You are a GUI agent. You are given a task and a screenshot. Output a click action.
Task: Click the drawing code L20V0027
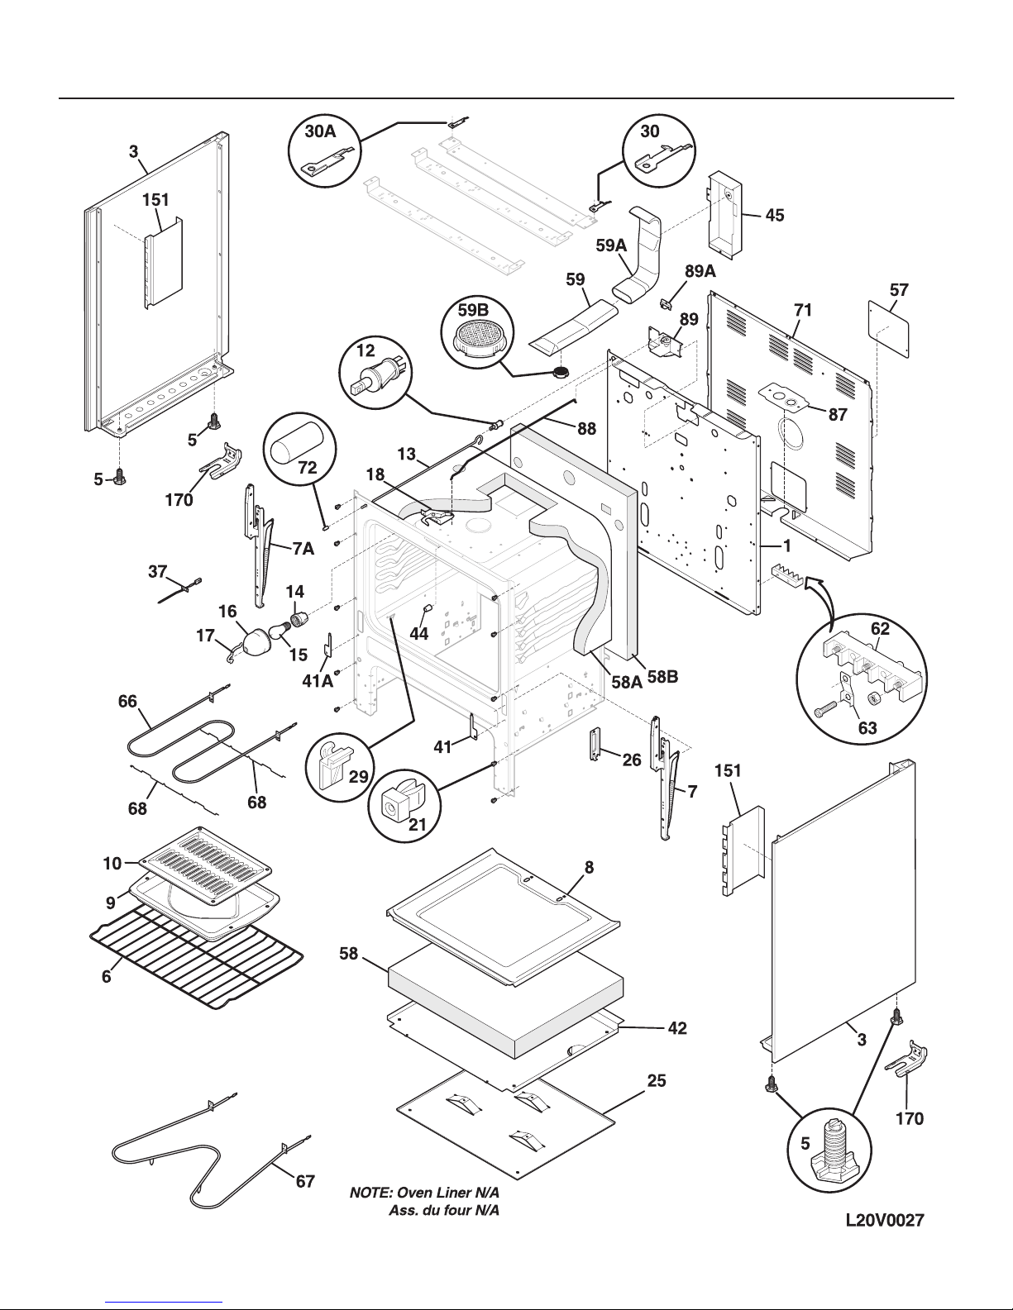[x=885, y=1220]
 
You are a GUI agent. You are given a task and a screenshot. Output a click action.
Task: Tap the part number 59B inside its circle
[x=473, y=310]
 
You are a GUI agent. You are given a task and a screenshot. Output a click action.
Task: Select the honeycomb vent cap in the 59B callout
[x=477, y=341]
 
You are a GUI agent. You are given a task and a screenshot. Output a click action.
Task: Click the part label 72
[x=308, y=468]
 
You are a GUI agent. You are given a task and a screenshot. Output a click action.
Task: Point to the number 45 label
[x=775, y=215]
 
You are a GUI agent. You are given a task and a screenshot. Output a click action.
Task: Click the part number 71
[x=803, y=310]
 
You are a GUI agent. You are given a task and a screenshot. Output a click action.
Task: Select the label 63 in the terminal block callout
[x=867, y=727]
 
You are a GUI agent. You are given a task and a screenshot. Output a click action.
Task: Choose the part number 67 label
[x=305, y=1181]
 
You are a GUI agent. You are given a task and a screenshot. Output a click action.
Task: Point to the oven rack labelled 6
[x=197, y=959]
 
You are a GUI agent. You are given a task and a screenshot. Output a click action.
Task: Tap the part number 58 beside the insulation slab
[x=348, y=954]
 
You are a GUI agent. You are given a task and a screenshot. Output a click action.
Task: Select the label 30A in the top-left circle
[x=320, y=131]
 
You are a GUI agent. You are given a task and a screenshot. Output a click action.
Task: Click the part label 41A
[x=318, y=681]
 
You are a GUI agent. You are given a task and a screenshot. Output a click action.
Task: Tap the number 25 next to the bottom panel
[x=657, y=1081]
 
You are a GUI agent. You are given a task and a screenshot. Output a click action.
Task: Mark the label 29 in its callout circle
[x=358, y=776]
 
